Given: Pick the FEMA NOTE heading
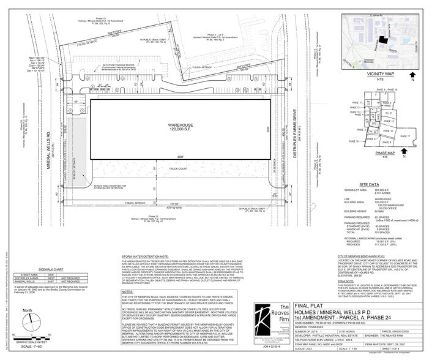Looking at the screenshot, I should (x=346, y=280).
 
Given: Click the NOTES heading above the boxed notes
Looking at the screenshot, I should (x=128, y=291).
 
